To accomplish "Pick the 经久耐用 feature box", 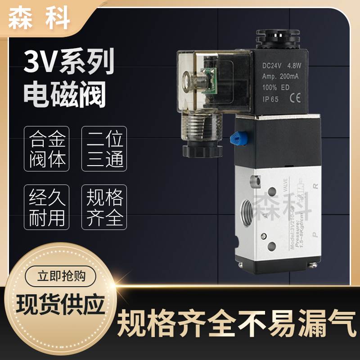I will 47,206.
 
